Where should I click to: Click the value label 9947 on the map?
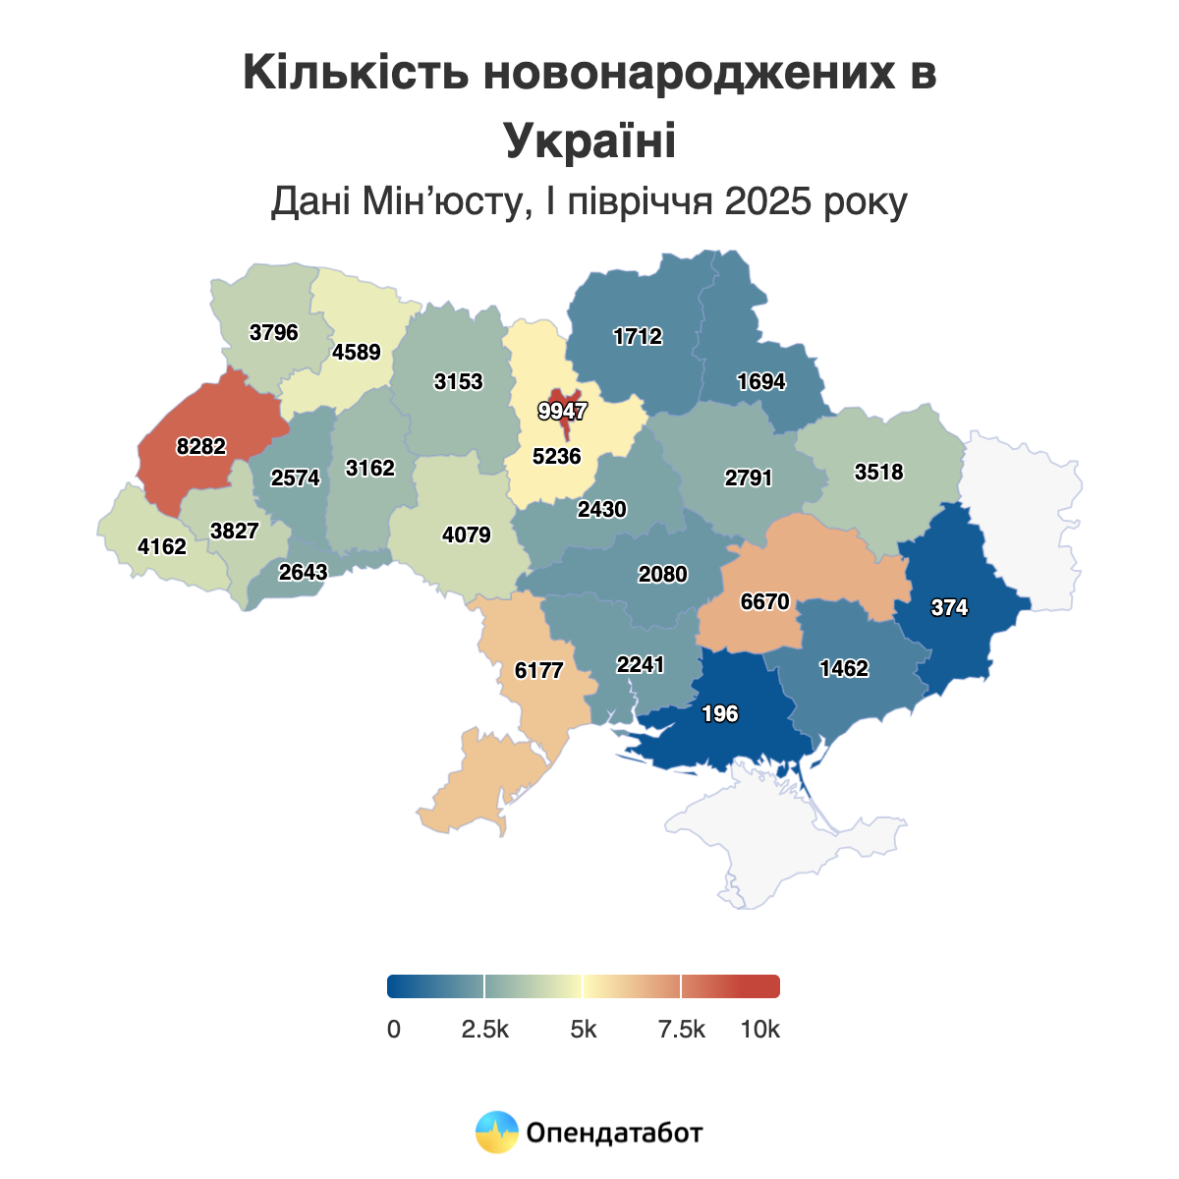tap(562, 411)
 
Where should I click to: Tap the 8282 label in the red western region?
tap(201, 447)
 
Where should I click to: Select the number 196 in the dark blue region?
tap(720, 714)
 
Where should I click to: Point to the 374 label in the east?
tap(949, 608)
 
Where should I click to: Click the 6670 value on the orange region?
tap(764, 601)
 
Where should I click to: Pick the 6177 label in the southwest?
tap(538, 670)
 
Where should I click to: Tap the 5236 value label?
tap(556, 456)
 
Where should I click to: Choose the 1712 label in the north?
tap(638, 337)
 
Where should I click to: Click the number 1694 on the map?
tap(761, 381)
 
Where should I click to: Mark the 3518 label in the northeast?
tap(878, 472)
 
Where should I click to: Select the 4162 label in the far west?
tap(162, 546)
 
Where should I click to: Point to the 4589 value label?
tap(357, 352)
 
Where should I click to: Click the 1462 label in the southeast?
tap(844, 669)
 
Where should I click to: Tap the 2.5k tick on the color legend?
tap(485, 1030)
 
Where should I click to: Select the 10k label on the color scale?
tap(759, 1030)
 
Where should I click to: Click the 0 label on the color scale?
tap(394, 1030)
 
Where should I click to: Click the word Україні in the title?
tap(589, 140)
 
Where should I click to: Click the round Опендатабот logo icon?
tap(496, 1132)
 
